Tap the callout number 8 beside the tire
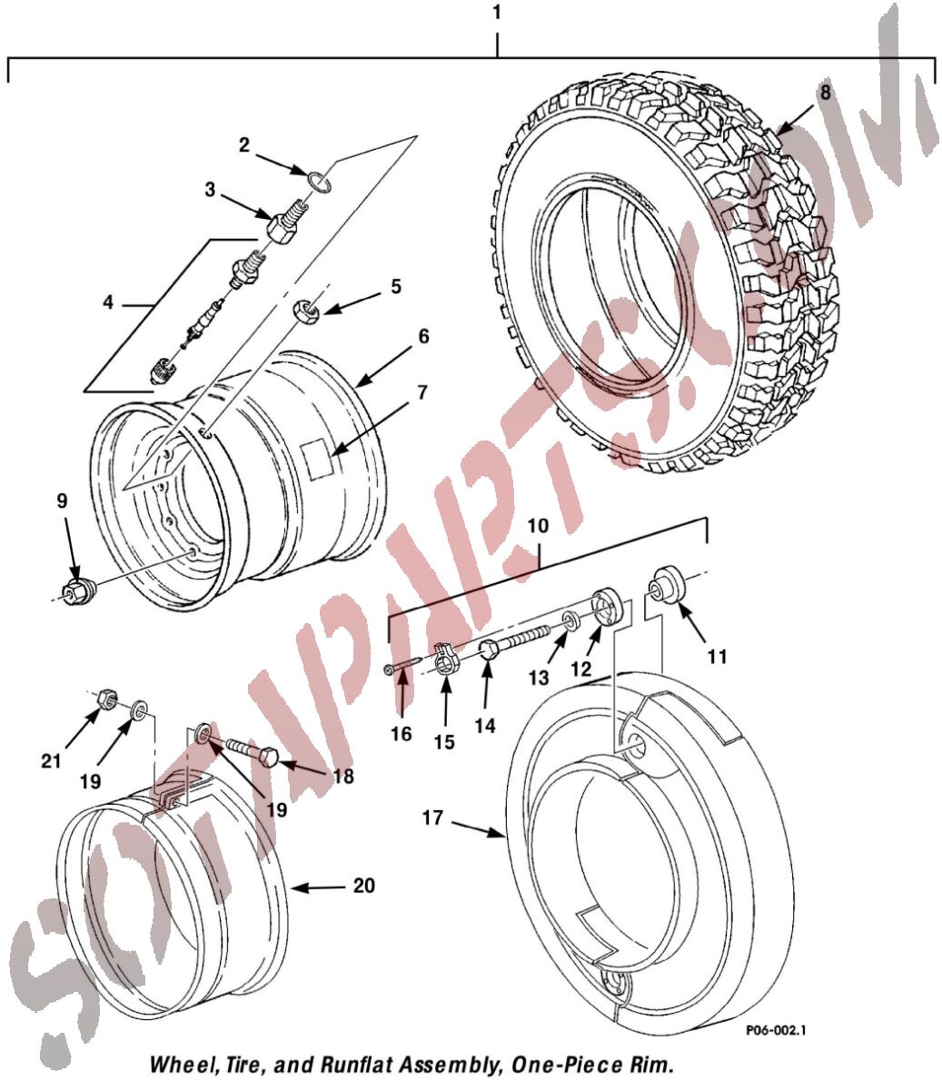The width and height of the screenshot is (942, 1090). pos(826,93)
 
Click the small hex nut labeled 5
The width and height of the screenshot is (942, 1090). pos(306,310)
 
